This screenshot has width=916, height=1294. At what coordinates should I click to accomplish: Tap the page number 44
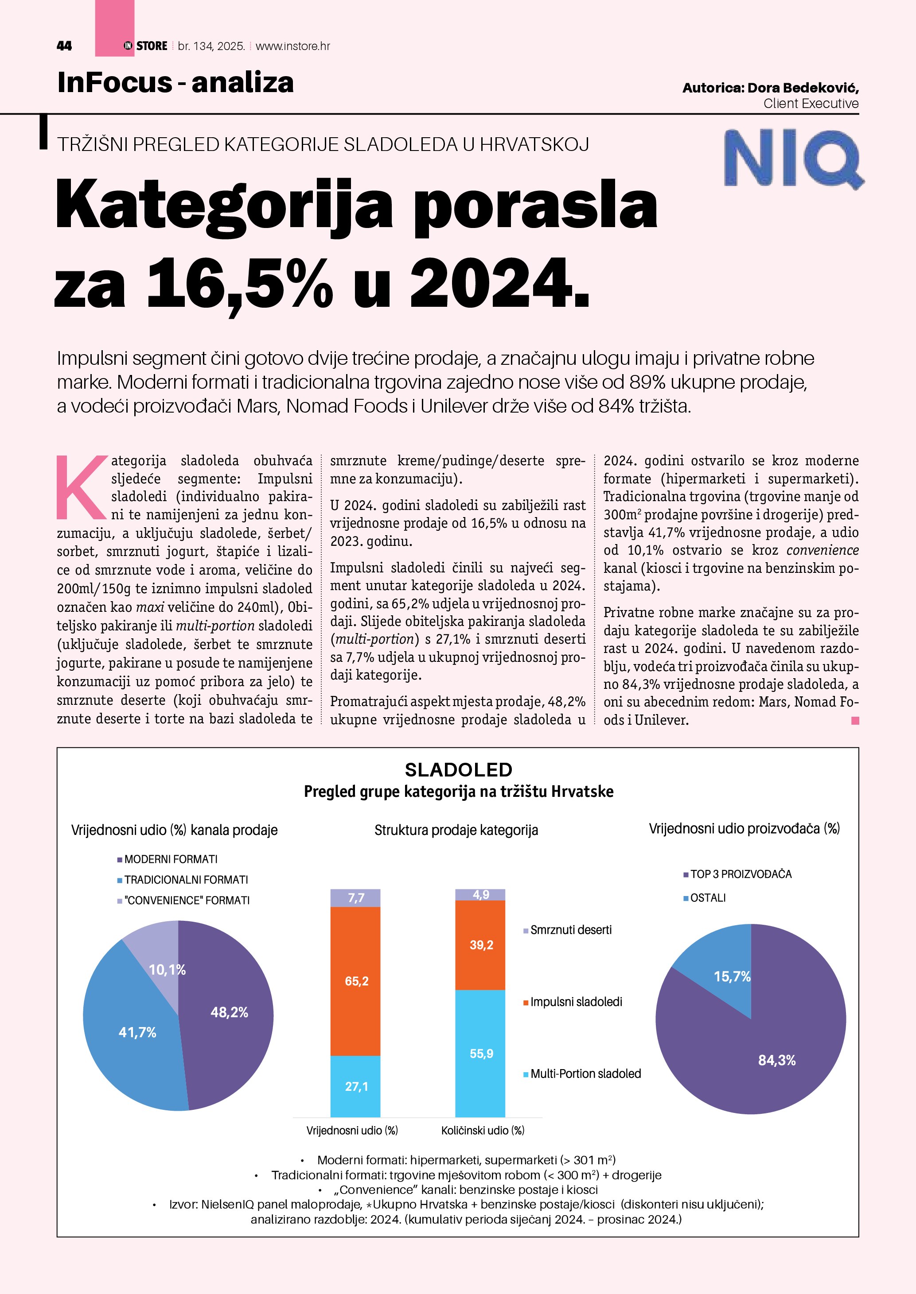64,46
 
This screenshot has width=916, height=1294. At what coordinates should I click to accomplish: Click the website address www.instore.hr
293,46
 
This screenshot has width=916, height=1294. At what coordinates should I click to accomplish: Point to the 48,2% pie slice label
229,1012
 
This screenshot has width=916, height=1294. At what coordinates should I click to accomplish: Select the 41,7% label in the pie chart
137,1032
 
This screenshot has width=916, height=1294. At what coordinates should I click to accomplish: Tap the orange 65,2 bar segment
356,981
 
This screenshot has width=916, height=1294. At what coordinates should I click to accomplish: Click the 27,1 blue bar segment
356,1086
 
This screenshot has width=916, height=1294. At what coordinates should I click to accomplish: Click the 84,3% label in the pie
777,1060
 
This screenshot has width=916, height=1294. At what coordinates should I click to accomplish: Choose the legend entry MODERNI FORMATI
170,859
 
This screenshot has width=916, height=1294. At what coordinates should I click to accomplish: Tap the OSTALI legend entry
707,898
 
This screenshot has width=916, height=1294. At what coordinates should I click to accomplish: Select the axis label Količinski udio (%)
483,1130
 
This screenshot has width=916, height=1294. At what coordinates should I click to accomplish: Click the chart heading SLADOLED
459,769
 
